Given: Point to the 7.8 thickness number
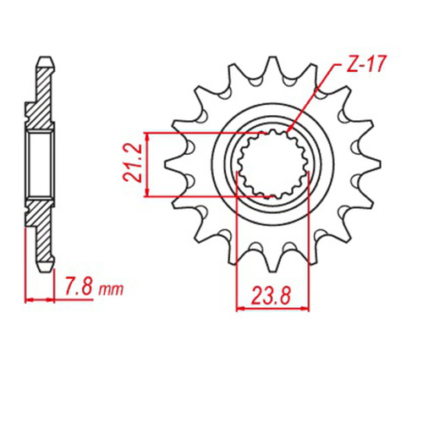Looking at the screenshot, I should point(80,289).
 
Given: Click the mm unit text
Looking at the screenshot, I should point(110,290).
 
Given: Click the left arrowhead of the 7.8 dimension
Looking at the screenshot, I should point(30,299).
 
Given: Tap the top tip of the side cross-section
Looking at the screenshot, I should point(42,61).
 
